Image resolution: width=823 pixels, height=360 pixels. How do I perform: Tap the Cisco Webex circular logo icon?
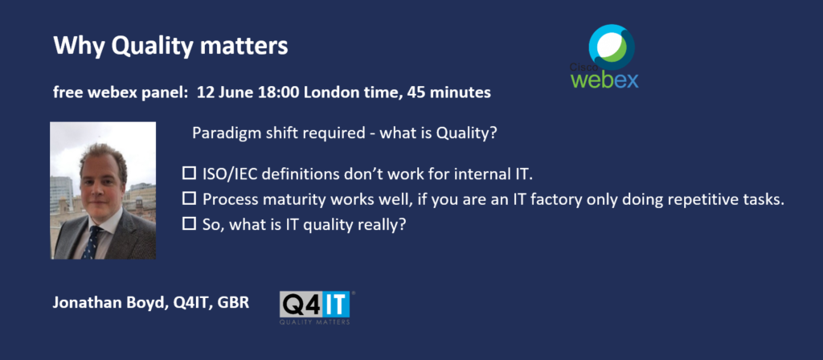coord(612,47)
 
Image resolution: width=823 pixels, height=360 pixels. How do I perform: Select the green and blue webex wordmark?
coord(605,80)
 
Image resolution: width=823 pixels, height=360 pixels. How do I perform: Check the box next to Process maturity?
coord(188,199)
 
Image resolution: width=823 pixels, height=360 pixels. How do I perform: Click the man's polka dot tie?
coord(93,242)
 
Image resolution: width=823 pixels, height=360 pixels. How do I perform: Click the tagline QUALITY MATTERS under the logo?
coord(314,321)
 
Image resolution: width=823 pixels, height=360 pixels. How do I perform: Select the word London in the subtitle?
coord(328,93)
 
